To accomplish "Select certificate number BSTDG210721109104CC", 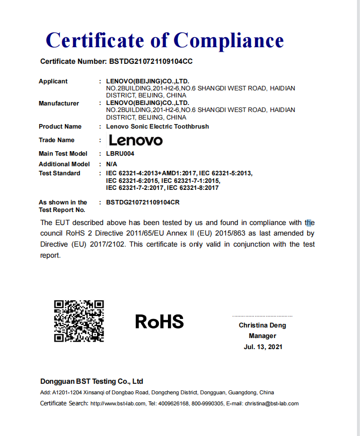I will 151,62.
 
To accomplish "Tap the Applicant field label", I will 53,81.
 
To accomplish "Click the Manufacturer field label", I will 59,103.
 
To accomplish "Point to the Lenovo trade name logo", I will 136,140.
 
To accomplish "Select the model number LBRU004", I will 120,154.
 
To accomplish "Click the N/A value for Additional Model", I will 111,164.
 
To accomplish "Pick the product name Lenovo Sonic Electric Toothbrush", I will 157,127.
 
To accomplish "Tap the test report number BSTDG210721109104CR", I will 143,202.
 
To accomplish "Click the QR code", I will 79,321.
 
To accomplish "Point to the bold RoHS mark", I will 159,321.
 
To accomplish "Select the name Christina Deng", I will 262,325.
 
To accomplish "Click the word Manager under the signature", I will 262,336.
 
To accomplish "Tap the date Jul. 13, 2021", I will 263,347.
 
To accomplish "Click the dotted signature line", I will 262,316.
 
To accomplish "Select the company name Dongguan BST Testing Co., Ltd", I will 92,381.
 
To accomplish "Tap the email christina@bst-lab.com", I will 272,404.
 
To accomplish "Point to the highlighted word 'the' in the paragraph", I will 309,223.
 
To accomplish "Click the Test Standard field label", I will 59,173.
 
